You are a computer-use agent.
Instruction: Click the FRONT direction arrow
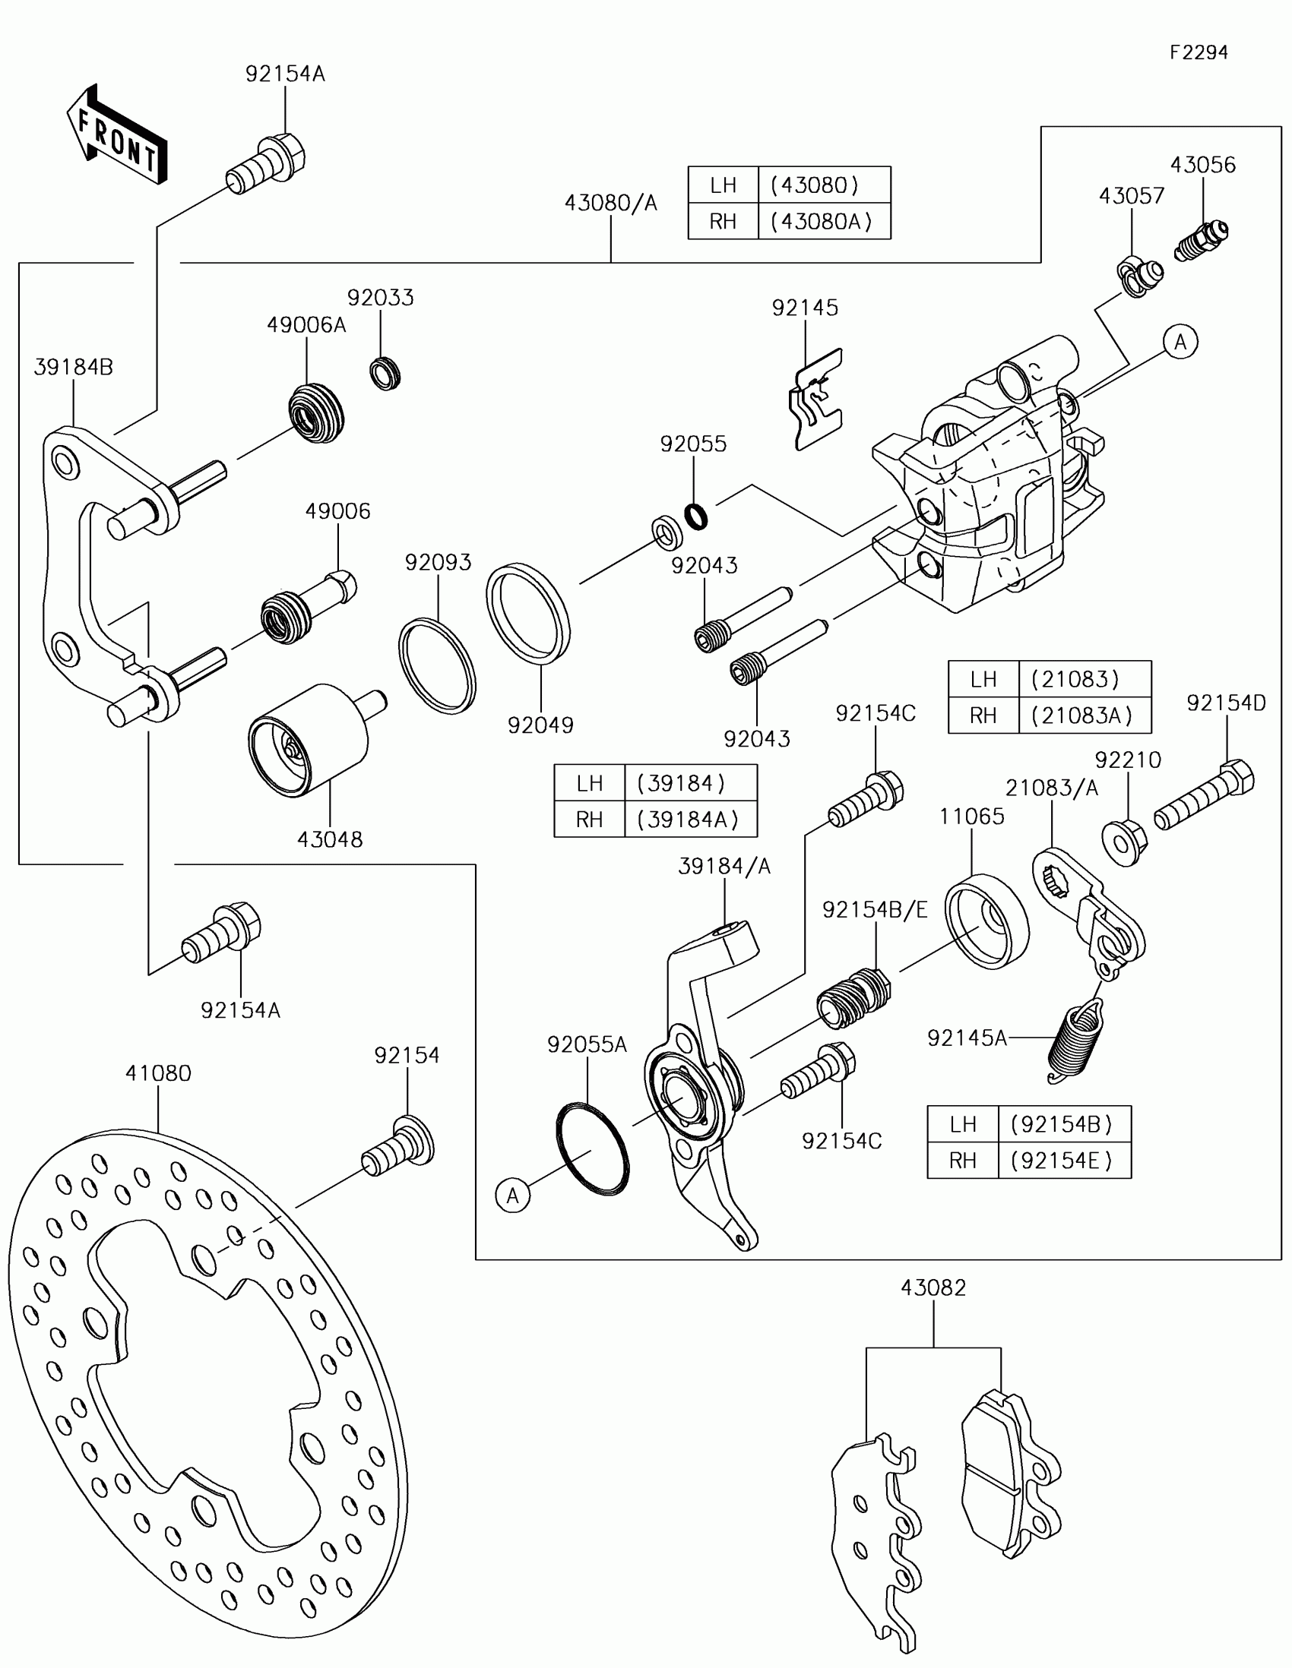click(118, 134)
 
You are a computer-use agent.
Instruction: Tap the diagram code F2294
click(1199, 52)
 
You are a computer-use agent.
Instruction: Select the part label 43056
click(1202, 164)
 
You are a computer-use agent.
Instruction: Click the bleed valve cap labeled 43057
click(1139, 276)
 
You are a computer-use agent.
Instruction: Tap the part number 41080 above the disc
click(158, 1073)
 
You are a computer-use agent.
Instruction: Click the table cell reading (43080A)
click(822, 222)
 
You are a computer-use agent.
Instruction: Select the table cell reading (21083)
click(1075, 679)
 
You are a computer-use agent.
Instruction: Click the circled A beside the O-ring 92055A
click(512, 1196)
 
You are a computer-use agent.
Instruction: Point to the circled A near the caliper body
click(1180, 342)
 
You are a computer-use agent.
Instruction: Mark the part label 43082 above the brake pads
click(933, 1287)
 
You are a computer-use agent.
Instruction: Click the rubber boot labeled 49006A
click(316, 413)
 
